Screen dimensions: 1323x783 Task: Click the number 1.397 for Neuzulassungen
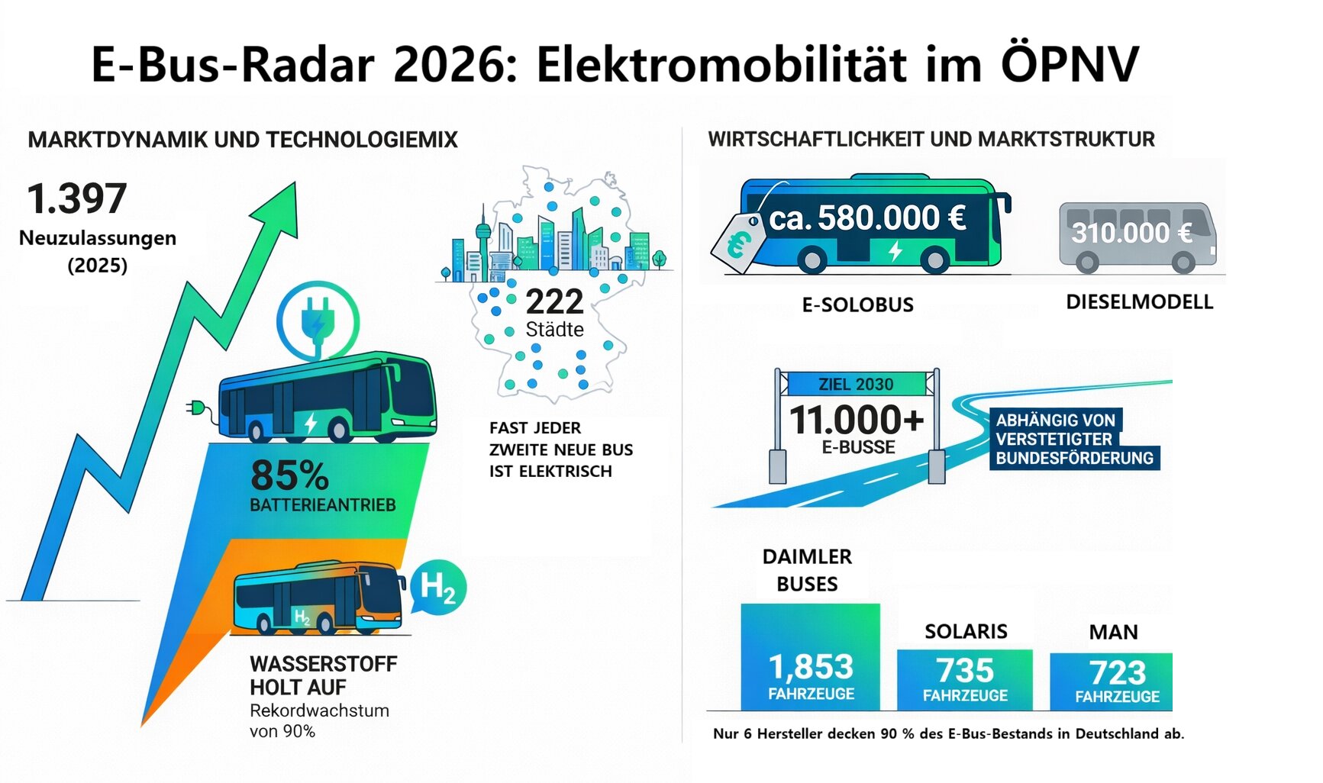[77, 198]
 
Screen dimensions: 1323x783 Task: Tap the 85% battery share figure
[289, 475]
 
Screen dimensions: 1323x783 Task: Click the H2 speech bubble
[437, 588]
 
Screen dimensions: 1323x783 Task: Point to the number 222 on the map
[555, 301]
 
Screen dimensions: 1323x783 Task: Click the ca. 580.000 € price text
[868, 218]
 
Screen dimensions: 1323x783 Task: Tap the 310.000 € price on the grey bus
[1131, 233]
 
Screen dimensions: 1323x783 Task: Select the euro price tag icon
[737, 243]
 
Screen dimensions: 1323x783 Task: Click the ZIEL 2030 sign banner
[856, 384]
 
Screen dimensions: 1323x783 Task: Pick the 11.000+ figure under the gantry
[857, 420]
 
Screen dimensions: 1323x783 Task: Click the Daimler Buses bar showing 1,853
[810, 657]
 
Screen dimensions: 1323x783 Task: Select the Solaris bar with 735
[965, 680]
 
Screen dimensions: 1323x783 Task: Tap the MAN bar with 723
[1112, 681]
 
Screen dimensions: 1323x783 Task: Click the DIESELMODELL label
[1140, 302]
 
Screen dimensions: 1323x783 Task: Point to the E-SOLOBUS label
[857, 305]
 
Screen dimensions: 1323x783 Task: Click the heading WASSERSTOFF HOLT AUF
[324, 675]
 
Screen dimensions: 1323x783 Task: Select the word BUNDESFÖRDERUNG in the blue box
[1074, 458]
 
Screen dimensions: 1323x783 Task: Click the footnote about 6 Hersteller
[948, 734]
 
